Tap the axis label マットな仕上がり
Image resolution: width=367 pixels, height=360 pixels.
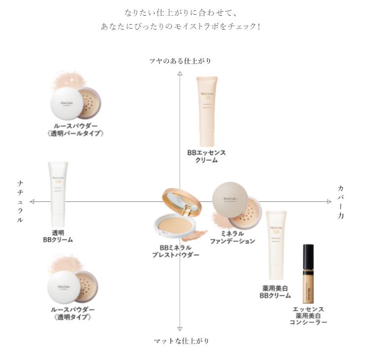click(181, 341)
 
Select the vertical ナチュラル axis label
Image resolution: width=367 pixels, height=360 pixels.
click(20, 202)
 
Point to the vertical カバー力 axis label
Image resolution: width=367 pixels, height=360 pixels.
click(341, 202)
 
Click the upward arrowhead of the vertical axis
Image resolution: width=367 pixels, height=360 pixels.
click(180, 73)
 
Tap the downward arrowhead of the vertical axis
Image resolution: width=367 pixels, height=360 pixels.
click(180, 328)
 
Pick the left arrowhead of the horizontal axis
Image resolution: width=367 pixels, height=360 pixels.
click(32, 201)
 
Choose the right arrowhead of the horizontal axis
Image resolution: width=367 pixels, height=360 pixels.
click(329, 201)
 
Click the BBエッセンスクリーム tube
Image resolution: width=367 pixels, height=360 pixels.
click(206, 111)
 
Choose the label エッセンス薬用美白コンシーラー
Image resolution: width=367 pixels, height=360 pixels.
click(308, 316)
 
